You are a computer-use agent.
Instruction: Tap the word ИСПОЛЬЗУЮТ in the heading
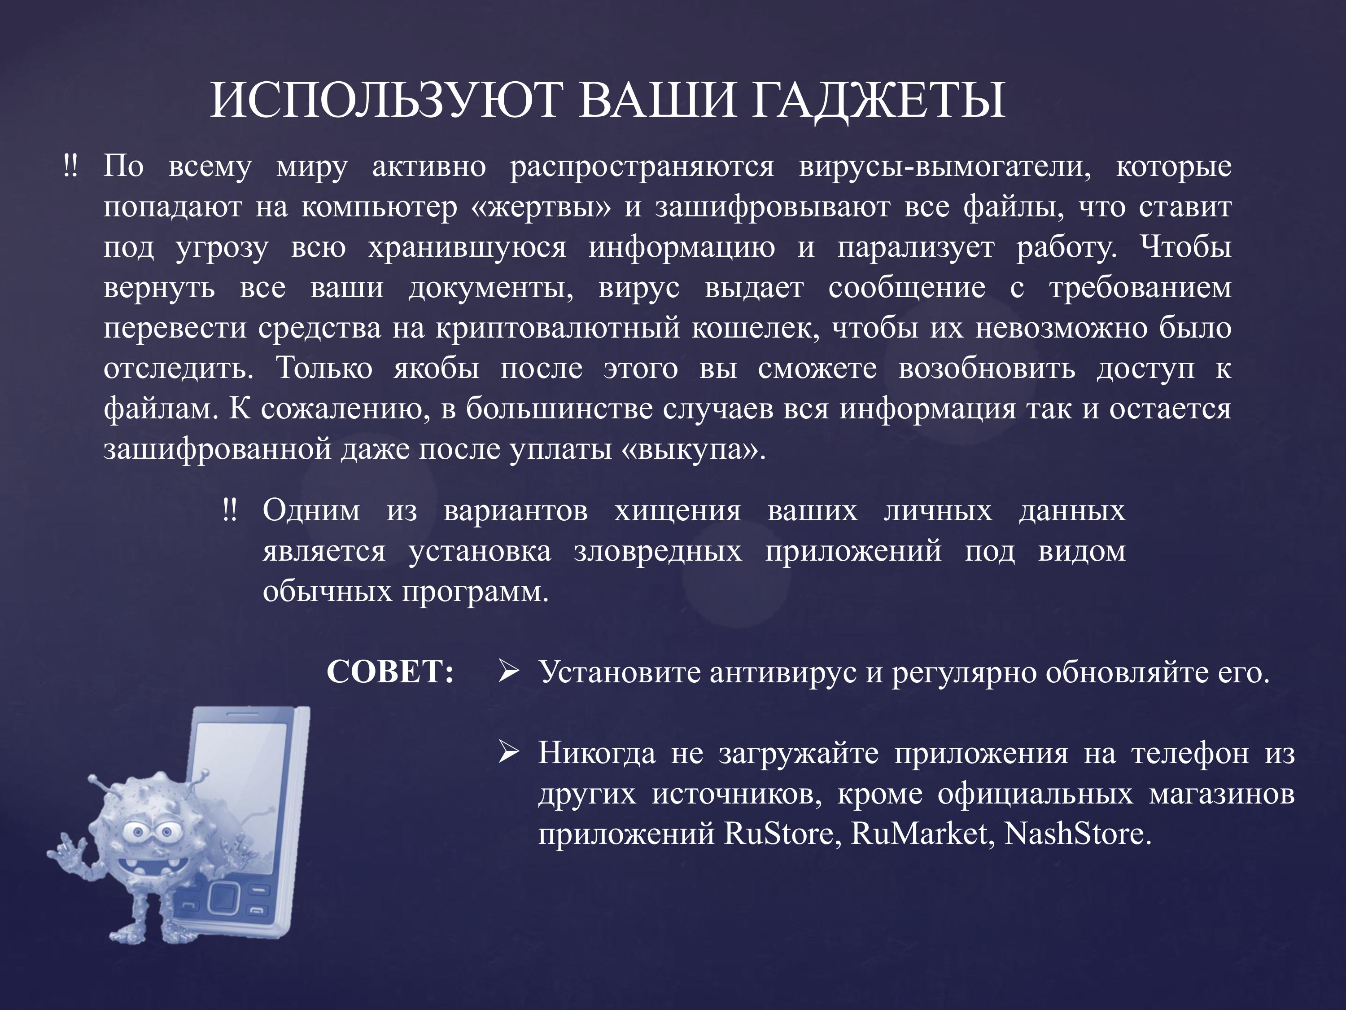point(385,101)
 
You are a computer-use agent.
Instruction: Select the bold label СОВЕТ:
point(390,672)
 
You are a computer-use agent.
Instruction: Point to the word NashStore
point(1077,834)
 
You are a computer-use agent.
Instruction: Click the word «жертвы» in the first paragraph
point(540,207)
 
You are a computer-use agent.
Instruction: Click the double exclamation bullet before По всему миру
point(70,166)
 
